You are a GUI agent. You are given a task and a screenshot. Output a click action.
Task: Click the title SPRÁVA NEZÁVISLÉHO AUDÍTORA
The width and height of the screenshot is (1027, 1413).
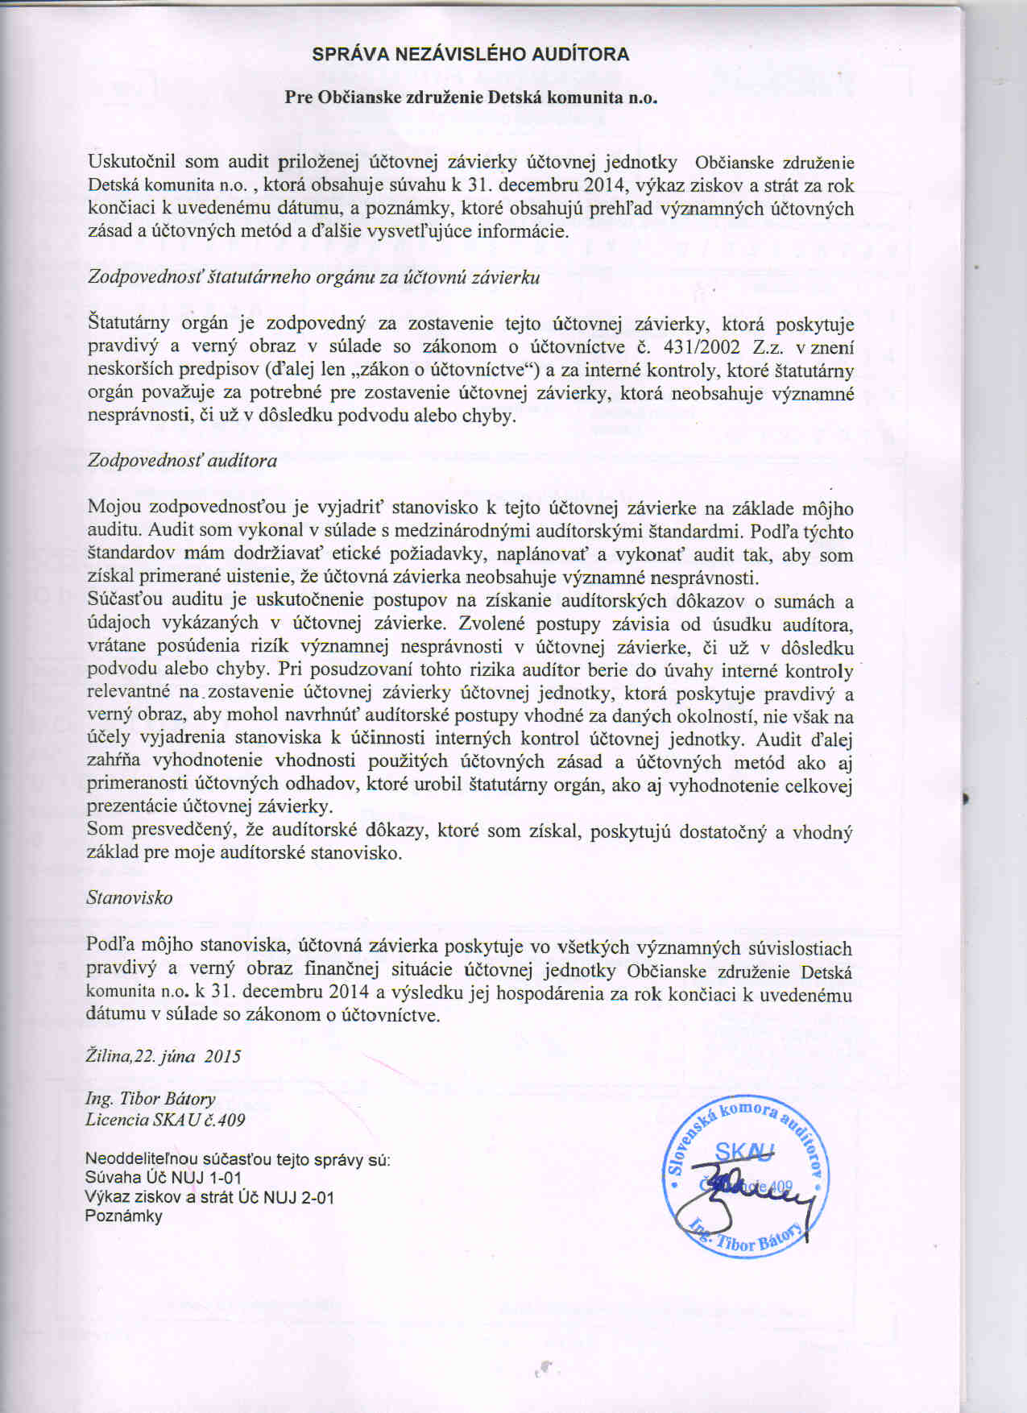click(470, 55)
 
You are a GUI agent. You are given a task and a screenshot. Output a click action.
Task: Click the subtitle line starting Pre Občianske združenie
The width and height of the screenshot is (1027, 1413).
click(471, 97)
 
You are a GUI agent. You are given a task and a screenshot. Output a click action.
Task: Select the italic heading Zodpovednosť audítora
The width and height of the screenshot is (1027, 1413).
click(182, 461)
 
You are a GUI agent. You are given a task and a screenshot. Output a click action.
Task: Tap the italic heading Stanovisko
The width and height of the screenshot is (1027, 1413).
click(130, 897)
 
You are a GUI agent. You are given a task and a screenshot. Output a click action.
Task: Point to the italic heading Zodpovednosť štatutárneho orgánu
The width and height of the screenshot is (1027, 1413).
click(313, 278)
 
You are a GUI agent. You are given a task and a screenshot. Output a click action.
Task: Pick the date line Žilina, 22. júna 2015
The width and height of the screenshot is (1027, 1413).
click(164, 1056)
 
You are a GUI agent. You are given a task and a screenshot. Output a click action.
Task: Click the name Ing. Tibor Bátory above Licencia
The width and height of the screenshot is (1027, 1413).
click(151, 1099)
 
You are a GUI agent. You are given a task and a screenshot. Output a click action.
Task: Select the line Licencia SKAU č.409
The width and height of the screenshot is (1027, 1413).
click(165, 1120)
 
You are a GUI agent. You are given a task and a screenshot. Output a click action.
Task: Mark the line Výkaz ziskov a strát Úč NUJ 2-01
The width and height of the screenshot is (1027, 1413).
click(209, 1198)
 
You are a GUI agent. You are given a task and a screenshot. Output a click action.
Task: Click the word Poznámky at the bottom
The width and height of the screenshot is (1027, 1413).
click(124, 1216)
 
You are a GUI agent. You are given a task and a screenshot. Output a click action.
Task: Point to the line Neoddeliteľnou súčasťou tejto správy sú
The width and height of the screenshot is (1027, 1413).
click(238, 1160)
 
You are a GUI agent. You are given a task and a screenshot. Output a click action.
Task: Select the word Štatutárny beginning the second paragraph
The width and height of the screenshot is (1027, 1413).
click(129, 324)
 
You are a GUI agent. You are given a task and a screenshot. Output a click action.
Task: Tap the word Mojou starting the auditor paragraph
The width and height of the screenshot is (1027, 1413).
click(114, 508)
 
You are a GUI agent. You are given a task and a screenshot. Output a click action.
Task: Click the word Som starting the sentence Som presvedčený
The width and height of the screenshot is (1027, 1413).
click(105, 830)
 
